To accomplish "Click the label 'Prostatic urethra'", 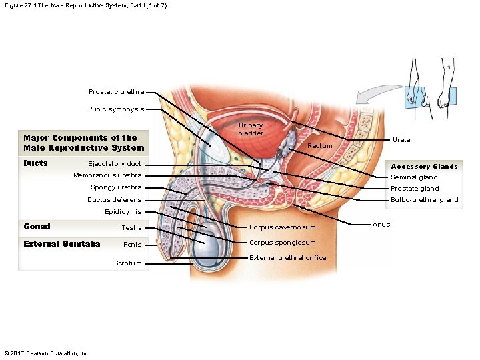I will tap(116, 92).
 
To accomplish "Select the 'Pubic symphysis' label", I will tap(116, 109).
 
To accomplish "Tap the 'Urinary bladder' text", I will tap(251, 129).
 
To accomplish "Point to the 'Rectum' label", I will tap(320, 146).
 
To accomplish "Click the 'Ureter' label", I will tap(403, 140).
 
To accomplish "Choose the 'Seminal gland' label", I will tap(414, 177).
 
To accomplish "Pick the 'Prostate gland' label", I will tap(415, 189).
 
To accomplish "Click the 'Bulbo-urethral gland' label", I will tap(424, 200).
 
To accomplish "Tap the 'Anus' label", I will tap(381, 225).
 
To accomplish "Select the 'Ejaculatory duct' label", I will tap(115, 164).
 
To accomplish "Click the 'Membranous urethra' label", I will tap(107, 175).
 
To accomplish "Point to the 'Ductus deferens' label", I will tap(115, 200).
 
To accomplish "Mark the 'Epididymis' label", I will tap(123, 212).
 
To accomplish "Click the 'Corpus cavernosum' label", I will tap(282, 227).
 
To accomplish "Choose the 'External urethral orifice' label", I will tap(288, 258).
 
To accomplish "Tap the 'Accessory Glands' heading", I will tap(424, 167).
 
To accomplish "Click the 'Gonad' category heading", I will tap(37, 227).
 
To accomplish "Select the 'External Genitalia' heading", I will tap(62, 244).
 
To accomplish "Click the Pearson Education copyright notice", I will tap(47, 353).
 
